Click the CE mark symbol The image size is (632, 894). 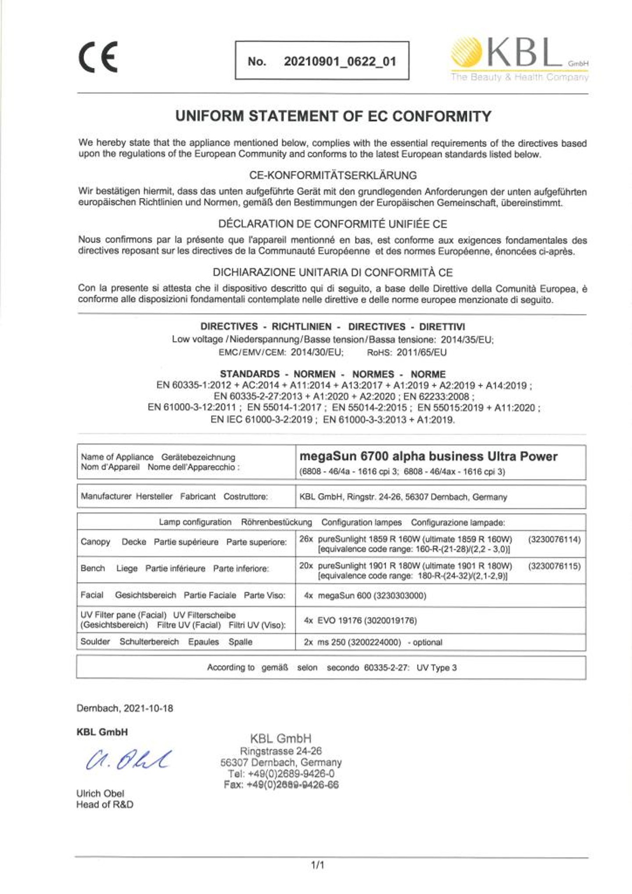[98, 57]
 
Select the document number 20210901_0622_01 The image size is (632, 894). [340, 61]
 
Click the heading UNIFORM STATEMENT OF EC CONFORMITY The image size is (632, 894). [333, 116]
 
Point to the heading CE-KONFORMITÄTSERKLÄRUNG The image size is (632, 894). [333, 176]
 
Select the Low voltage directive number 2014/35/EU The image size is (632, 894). [467, 339]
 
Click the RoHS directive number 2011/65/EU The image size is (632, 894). [421, 352]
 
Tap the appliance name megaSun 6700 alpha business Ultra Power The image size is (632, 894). [428, 456]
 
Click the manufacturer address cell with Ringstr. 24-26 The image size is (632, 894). [403, 497]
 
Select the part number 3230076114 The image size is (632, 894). [554, 539]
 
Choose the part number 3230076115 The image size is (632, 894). [554, 566]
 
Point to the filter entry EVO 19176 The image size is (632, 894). [360, 621]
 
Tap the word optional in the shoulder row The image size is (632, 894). [427, 643]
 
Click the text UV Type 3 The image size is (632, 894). [436, 668]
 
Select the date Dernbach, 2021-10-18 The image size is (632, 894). [125, 708]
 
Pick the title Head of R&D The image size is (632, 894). [105, 804]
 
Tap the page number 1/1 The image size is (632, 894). [317, 865]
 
